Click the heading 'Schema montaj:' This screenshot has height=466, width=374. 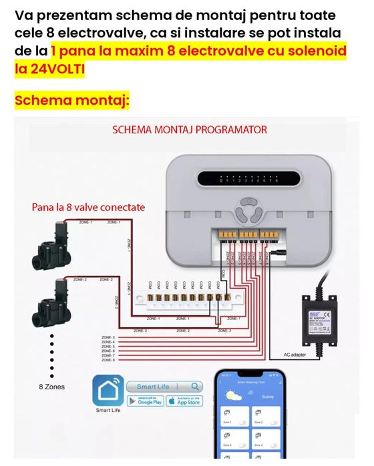[x=71, y=101]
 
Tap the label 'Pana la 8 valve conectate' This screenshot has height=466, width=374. [x=88, y=207]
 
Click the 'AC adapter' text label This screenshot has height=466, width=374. [x=295, y=355]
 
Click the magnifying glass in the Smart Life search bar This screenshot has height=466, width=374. [x=194, y=387]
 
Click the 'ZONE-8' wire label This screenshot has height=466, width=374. [x=108, y=360]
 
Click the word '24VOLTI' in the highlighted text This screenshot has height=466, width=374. [x=50, y=68]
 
